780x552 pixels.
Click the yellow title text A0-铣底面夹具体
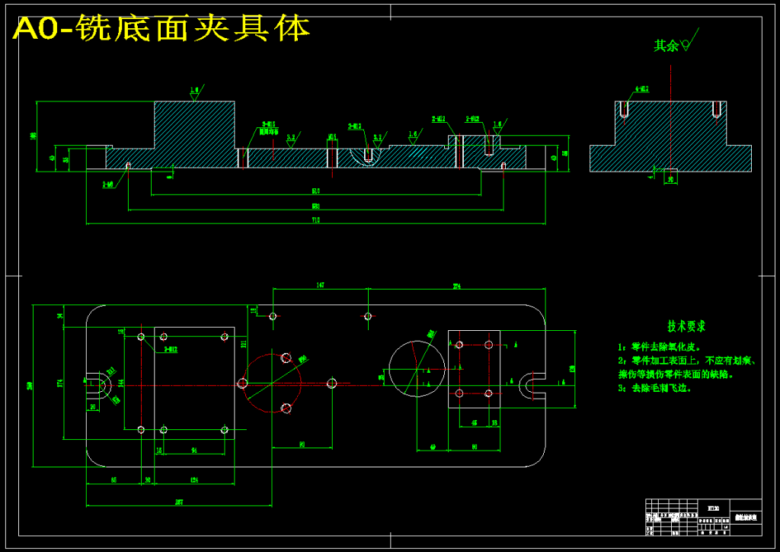coord(161,29)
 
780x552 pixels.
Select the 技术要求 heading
coord(686,326)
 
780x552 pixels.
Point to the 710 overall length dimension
coord(315,220)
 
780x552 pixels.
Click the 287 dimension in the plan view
coord(178,502)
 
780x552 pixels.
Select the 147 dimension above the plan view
coord(321,285)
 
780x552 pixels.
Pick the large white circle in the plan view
coord(416,369)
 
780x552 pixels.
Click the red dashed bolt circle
coord(271,383)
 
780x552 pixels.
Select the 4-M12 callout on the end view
coord(641,89)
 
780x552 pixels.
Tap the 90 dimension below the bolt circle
coord(302,443)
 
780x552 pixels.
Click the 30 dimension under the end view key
coord(670,180)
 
